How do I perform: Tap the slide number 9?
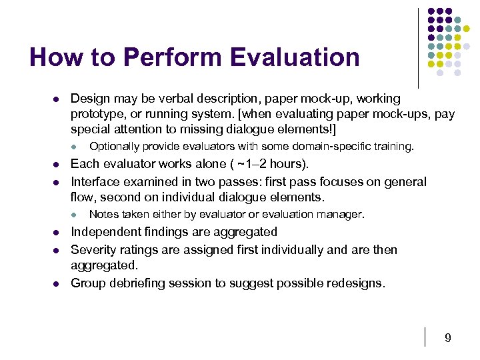[x=448, y=338]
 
